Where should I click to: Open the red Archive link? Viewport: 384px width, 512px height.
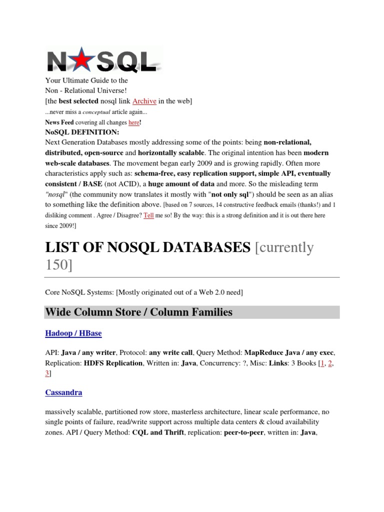[x=143, y=101]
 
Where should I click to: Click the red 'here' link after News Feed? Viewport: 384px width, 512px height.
[x=134, y=122]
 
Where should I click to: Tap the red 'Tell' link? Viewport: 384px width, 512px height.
[x=148, y=216]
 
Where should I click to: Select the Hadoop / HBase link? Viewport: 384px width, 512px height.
[x=73, y=333]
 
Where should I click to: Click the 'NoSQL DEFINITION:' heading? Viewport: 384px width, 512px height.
[x=82, y=132]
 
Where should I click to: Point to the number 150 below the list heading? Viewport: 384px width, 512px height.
[x=58, y=265]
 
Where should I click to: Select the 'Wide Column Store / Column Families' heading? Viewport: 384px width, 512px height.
[x=139, y=312]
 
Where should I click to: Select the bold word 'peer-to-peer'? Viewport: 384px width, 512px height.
[x=242, y=433]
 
